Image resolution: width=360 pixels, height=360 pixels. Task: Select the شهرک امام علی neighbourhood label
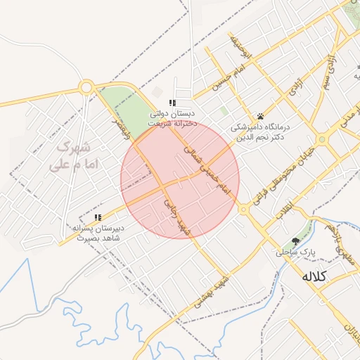pos(74,157)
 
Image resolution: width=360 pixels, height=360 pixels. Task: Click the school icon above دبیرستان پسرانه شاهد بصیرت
pos(98,218)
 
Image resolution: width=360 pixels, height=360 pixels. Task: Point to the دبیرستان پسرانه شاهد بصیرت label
pos(98,233)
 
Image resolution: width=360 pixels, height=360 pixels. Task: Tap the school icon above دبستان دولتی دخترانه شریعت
pos(173,103)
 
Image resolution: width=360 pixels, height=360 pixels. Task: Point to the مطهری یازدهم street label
pos(342,239)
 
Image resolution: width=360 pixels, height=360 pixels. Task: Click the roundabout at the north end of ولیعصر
pos(86,88)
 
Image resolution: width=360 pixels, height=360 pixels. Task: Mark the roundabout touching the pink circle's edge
pos(243,209)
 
